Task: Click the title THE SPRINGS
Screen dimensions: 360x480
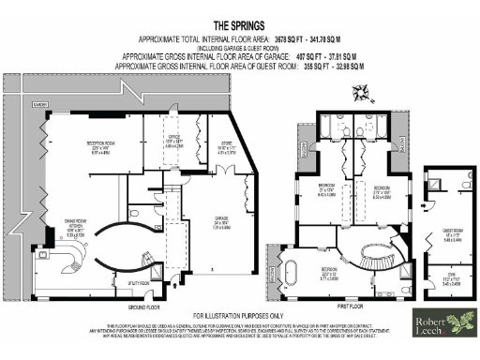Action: coord(239,25)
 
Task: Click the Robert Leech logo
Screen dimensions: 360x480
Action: coord(442,323)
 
